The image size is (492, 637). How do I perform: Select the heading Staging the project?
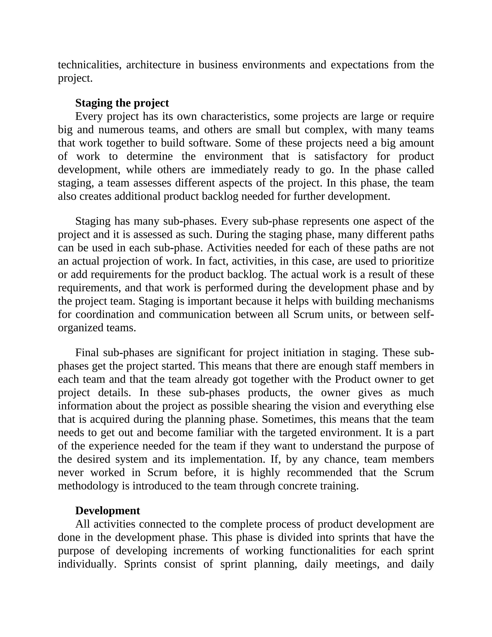coord(122,103)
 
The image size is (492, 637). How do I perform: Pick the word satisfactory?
coord(341,156)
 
